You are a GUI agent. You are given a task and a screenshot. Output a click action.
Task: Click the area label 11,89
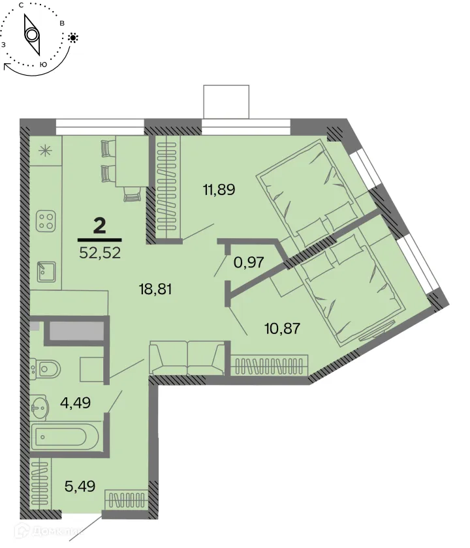click(x=218, y=190)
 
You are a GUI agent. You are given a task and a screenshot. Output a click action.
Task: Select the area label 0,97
click(x=249, y=262)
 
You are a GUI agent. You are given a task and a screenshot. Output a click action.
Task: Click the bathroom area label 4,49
click(x=75, y=402)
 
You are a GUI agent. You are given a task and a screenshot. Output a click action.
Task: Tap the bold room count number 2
click(x=100, y=226)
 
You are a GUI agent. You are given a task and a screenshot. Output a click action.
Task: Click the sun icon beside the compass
click(x=72, y=38)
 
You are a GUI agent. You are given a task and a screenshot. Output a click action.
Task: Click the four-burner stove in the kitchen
click(x=46, y=221)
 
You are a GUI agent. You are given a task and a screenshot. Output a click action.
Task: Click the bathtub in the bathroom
click(x=63, y=436)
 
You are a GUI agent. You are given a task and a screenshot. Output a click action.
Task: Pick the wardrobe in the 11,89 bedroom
click(x=166, y=189)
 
